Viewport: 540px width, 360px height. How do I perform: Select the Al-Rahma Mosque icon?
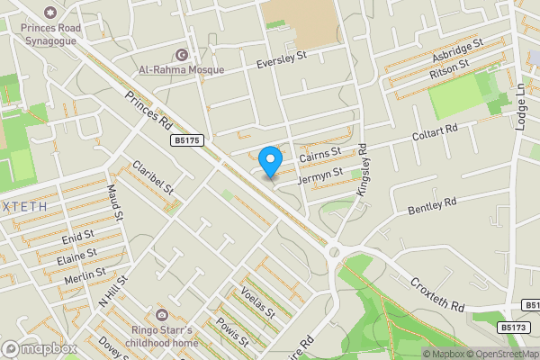pos(183,55)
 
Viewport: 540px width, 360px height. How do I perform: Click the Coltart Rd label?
pos(436,131)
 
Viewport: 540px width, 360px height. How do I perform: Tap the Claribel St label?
pos(151,175)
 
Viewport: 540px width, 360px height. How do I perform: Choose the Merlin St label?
pos(85,275)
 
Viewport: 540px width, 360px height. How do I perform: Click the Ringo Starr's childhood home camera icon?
pos(161,315)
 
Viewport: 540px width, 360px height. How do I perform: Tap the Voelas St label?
pos(258,302)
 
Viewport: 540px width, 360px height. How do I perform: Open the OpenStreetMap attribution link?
pos(499,354)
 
